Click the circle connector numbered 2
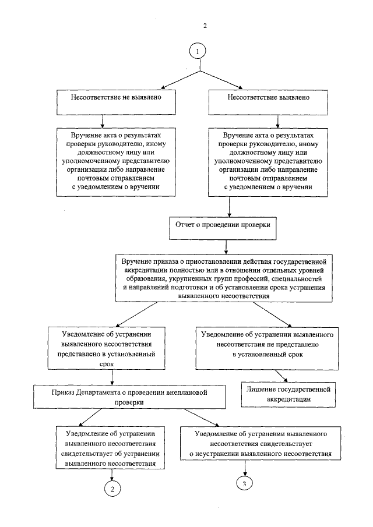(x=111, y=488)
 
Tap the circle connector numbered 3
(x=245, y=483)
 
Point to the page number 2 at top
(x=205, y=26)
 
